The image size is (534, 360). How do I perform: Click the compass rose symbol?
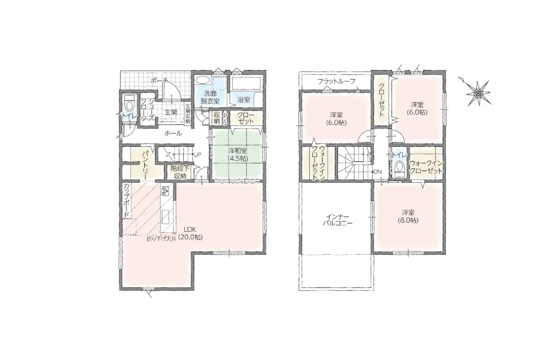[478, 92]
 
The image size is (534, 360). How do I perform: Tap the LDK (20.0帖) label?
[191, 233]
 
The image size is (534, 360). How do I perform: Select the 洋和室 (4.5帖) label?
[238, 154]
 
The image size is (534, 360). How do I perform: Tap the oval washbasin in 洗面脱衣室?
[203, 80]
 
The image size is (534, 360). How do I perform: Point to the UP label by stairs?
[198, 154]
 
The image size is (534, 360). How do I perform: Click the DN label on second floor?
[378, 171]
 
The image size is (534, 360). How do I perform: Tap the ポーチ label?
[159, 81]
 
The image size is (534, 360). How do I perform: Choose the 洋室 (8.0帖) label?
[408, 217]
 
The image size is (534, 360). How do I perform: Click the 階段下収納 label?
[178, 172]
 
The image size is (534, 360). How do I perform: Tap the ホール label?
[173, 134]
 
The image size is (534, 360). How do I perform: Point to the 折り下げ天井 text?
[161, 239]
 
